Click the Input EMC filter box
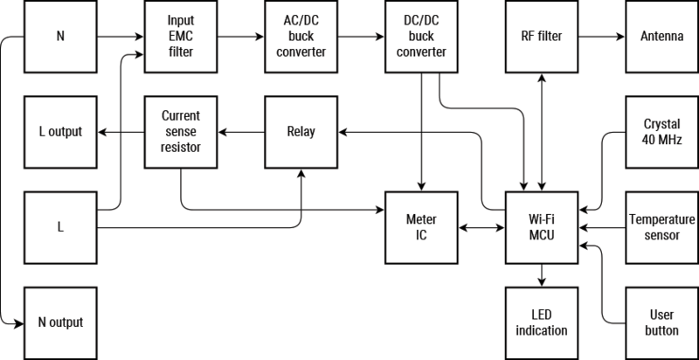coord(181,38)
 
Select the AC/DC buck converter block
coord(301,38)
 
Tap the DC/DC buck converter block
coord(421,38)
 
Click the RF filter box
coord(541,38)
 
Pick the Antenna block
coord(661,38)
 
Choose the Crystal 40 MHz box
coord(661,131)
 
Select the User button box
coord(661,322)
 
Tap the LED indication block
coord(541,322)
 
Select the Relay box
coord(301,132)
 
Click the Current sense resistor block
coord(181,132)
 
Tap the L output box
coord(60,132)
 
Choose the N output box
coord(60,322)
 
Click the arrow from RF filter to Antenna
coord(601,38)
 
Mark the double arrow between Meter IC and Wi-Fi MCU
coord(481,228)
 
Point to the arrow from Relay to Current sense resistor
coord(240,132)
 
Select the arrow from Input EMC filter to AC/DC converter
coord(240,38)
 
